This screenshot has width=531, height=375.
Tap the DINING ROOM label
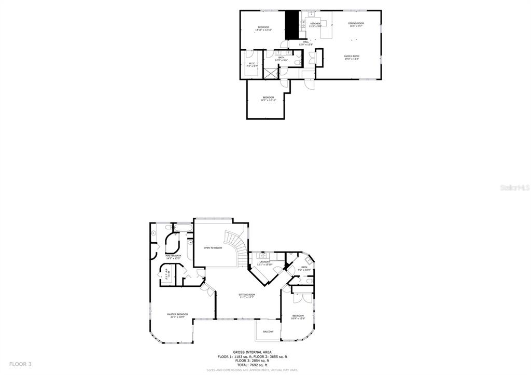tap(356, 24)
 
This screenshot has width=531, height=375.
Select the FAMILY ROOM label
tap(352, 57)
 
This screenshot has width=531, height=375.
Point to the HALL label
tap(305, 43)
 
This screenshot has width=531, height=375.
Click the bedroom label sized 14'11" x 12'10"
tap(263, 28)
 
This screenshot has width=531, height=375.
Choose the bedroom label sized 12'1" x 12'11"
tap(268, 99)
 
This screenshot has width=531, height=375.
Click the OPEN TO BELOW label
tap(213, 248)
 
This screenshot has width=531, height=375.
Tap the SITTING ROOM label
tap(246, 296)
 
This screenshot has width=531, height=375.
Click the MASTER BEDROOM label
tap(177, 315)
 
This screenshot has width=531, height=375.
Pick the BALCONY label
tap(268, 331)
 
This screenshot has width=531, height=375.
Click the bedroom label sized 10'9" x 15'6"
tap(298, 317)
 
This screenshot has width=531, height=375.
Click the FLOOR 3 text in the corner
tap(20, 364)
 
